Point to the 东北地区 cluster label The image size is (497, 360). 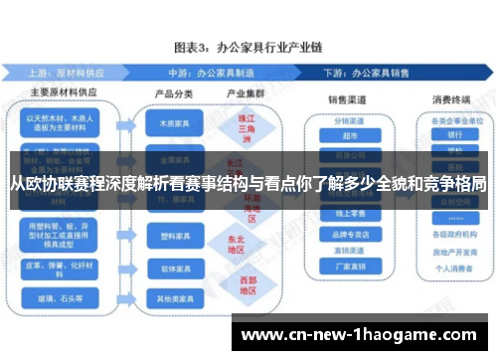coord(235,244)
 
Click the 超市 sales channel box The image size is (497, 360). coord(349,136)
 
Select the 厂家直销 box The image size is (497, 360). coord(349,267)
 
